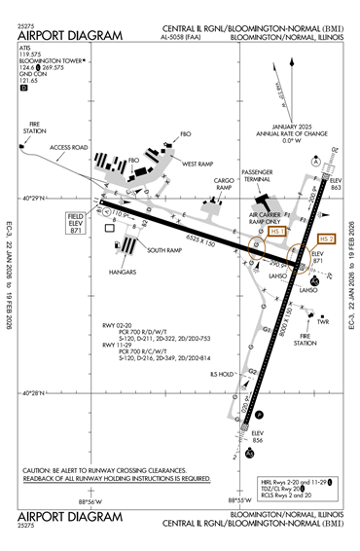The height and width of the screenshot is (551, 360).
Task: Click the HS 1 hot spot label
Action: (x=277, y=232)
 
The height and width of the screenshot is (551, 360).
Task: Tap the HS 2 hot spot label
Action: (x=326, y=239)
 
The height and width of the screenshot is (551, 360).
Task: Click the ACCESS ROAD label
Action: (x=68, y=148)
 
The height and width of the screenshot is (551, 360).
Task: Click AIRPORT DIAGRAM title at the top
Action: (x=70, y=35)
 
